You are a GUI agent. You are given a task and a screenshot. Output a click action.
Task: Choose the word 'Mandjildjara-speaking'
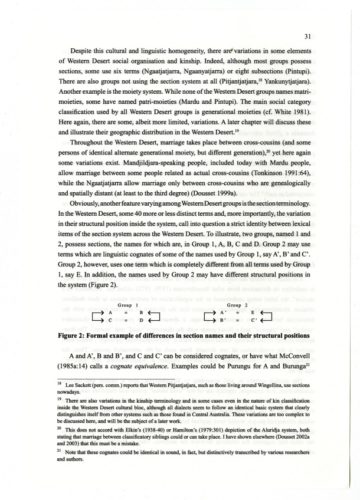pyautogui.click(x=97, y=161)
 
